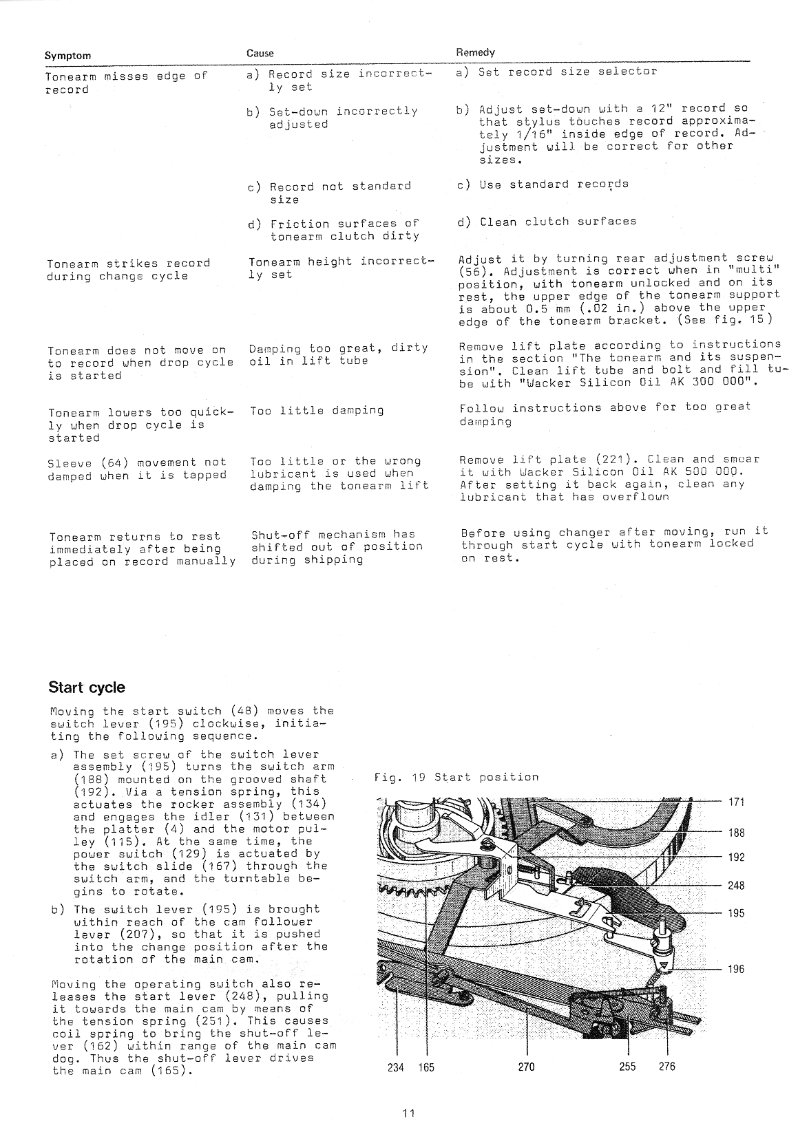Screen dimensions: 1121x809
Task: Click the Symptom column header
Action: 67,56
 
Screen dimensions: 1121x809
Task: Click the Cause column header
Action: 260,53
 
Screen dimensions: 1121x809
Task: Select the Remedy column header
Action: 475,52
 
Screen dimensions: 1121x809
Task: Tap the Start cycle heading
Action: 87,687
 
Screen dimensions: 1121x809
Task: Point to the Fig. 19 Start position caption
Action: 456,777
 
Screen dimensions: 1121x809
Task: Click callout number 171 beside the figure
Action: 736,802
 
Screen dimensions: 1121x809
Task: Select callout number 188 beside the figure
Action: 736,833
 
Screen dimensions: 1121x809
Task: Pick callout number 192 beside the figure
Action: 736,857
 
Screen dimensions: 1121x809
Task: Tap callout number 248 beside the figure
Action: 736,886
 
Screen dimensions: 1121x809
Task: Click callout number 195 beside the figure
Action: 736,913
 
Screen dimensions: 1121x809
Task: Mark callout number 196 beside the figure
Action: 736,970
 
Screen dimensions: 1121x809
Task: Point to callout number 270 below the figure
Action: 526,1067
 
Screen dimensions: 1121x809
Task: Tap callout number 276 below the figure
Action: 667,1067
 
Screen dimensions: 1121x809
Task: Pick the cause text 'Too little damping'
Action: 317,411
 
